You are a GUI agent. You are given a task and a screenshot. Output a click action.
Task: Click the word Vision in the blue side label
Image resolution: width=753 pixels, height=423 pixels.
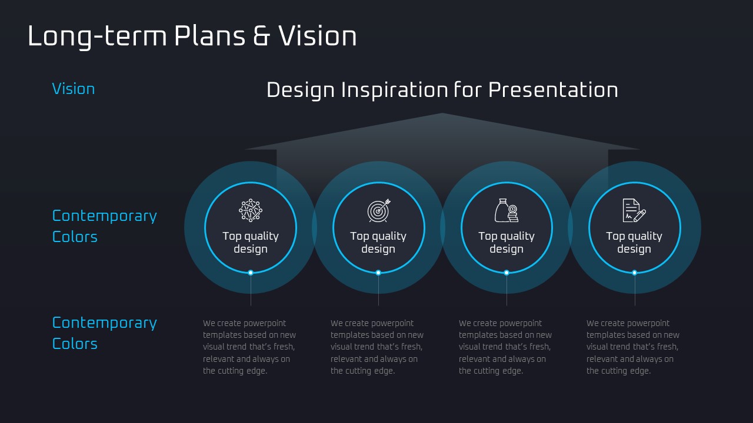74,89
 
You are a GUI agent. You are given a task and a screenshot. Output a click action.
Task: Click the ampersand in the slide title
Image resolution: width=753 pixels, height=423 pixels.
262,36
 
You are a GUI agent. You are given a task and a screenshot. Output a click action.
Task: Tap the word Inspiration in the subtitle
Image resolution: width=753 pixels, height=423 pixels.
395,90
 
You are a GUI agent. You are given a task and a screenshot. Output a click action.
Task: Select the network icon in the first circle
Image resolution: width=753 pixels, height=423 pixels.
251,210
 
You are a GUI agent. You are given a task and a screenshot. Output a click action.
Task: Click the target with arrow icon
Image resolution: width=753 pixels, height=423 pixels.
379,210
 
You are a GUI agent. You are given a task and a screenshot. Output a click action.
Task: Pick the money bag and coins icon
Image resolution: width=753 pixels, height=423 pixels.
507,210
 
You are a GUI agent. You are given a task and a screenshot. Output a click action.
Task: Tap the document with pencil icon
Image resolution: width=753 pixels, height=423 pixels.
634,210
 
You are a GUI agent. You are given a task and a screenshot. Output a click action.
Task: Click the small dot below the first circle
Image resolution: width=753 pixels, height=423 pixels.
251,273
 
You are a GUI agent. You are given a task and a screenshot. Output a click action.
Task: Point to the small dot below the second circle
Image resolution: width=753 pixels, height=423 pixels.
378,273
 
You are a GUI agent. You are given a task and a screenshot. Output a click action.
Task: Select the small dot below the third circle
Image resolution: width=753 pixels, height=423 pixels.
507,273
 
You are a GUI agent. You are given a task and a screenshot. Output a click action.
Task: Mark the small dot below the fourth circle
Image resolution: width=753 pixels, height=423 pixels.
635,273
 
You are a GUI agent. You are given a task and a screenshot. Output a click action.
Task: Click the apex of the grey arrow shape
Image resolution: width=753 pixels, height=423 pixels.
442,113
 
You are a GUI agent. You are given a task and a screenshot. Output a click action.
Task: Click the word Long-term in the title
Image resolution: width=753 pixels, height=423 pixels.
97,36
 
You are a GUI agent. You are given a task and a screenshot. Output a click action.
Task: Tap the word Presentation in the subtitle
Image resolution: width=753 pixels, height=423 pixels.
553,90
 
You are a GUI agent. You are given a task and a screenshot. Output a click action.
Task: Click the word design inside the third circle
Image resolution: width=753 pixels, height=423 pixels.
507,250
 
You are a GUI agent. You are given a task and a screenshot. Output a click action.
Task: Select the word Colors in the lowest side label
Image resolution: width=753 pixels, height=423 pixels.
75,344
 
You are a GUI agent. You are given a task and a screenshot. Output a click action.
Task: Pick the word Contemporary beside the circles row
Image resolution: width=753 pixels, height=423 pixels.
105,216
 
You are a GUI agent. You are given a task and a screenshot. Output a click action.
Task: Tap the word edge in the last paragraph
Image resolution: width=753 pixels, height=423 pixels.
641,371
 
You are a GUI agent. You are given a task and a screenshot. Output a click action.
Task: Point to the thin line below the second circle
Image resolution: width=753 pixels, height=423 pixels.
378,290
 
